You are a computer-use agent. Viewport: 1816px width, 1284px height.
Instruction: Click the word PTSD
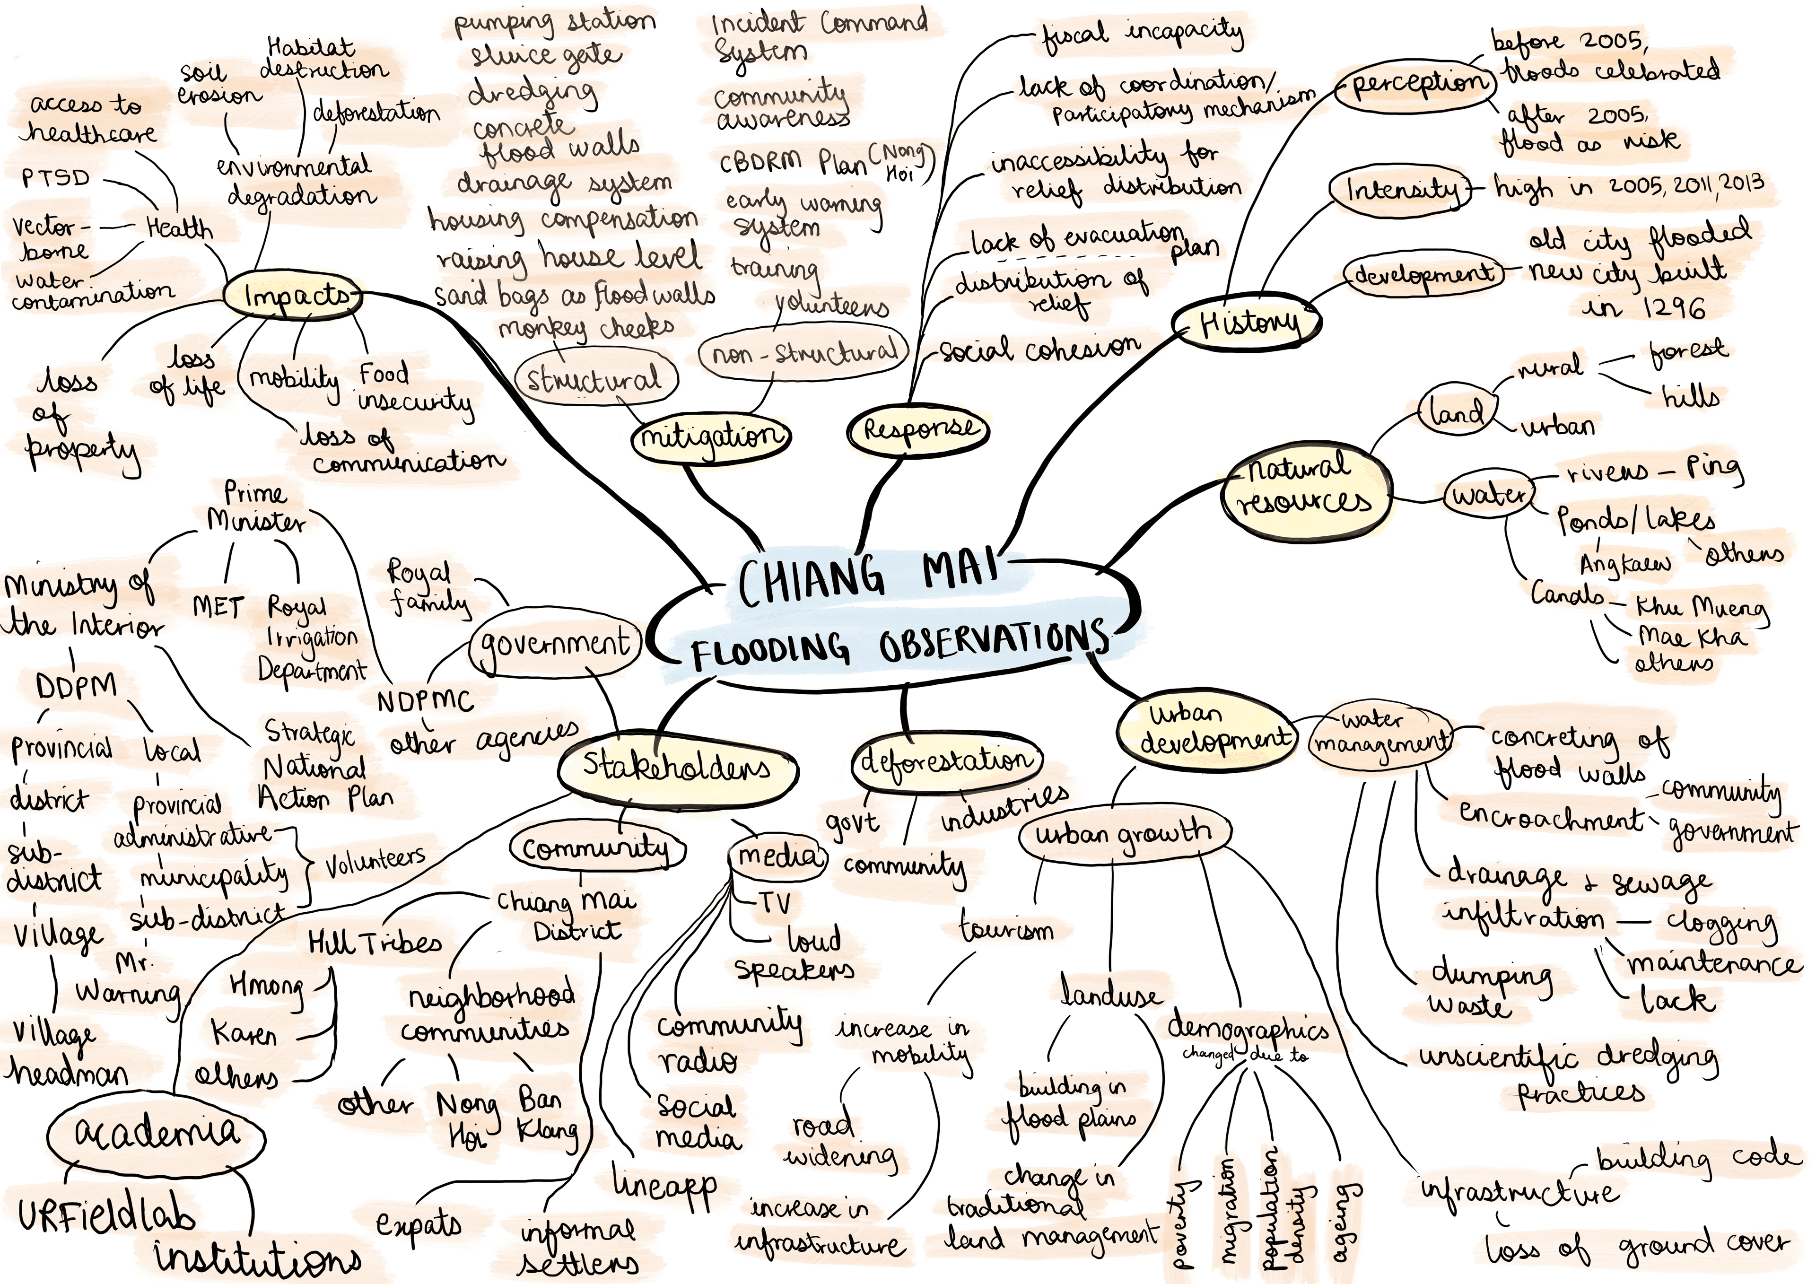55,178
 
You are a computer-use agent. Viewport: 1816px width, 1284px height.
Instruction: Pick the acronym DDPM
76,686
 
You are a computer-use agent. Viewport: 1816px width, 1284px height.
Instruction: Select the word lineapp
664,1187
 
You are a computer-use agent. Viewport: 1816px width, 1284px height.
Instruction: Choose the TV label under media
774,903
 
